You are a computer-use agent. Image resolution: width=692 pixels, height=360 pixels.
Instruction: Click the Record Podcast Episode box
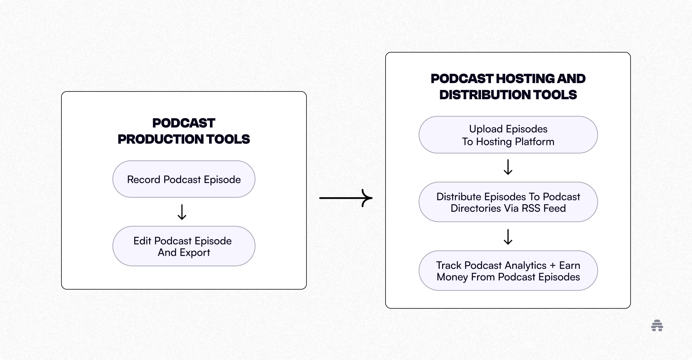(184, 179)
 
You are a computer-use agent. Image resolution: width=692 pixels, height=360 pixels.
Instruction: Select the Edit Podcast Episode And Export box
(184, 246)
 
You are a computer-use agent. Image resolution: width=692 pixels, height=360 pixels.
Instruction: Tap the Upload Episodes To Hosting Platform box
(508, 135)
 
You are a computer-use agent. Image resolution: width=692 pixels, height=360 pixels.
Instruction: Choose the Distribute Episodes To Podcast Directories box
(508, 202)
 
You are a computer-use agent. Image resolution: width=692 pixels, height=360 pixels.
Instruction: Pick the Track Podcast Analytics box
(508, 271)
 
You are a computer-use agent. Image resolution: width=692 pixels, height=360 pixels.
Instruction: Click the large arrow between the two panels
(346, 198)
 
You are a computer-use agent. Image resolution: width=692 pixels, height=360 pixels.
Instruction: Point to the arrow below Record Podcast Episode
(182, 212)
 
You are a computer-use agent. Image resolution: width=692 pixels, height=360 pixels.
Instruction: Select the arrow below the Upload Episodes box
(508, 167)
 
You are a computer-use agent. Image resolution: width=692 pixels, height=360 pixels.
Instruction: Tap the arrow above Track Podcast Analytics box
(508, 237)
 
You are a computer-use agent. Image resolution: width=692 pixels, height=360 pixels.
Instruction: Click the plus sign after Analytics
(552, 266)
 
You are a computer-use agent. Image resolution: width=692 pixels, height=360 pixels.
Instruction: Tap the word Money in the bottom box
(452, 277)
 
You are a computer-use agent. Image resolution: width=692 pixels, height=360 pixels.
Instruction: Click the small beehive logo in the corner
(657, 325)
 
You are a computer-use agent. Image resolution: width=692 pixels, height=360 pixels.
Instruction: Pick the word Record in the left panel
(143, 180)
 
